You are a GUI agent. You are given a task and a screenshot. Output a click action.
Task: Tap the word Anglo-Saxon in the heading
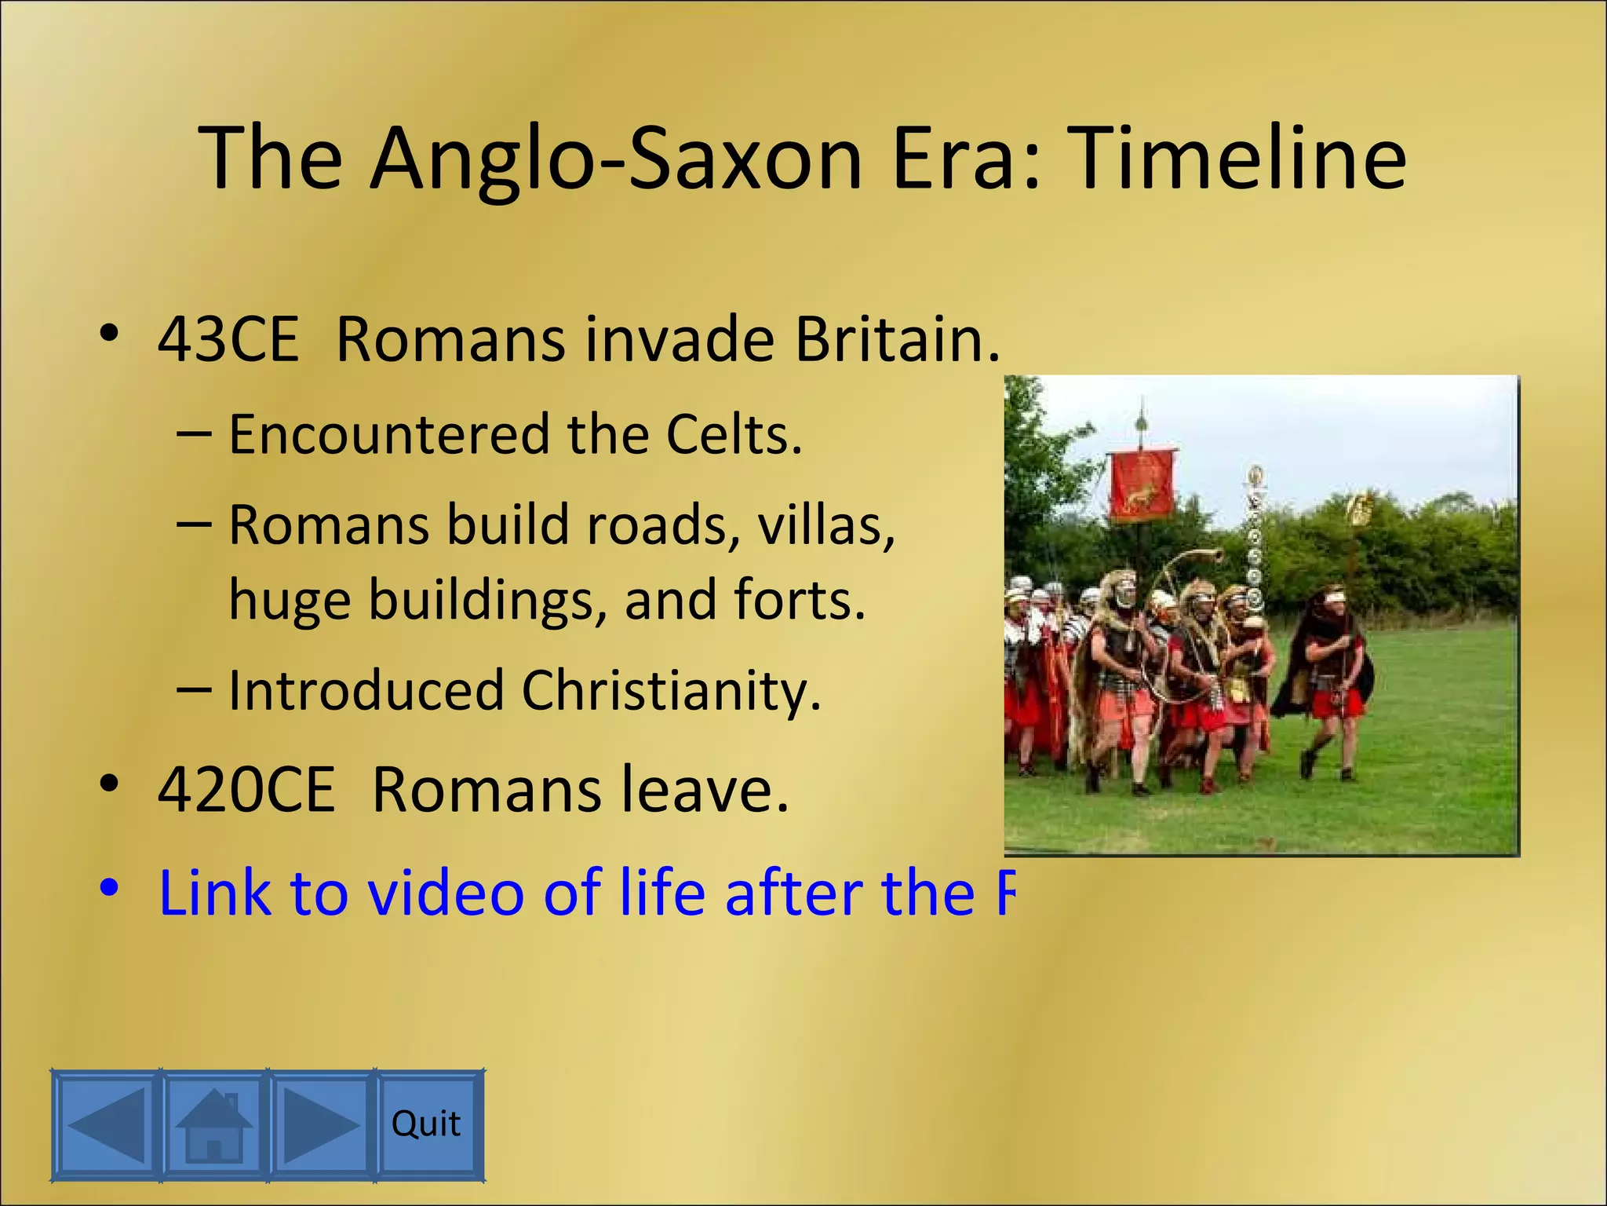coord(616,159)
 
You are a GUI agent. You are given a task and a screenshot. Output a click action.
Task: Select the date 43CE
coord(228,340)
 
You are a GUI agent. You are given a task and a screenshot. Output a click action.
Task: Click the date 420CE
coord(246,789)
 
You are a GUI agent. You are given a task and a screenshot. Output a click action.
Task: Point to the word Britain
coord(897,340)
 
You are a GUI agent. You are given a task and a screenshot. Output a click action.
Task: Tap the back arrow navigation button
coord(107,1124)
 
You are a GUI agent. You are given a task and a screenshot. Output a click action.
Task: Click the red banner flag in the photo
coord(1142,485)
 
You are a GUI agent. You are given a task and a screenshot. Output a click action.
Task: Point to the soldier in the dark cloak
coord(1326,667)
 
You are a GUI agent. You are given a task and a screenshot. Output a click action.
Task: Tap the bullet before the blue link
coord(109,888)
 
